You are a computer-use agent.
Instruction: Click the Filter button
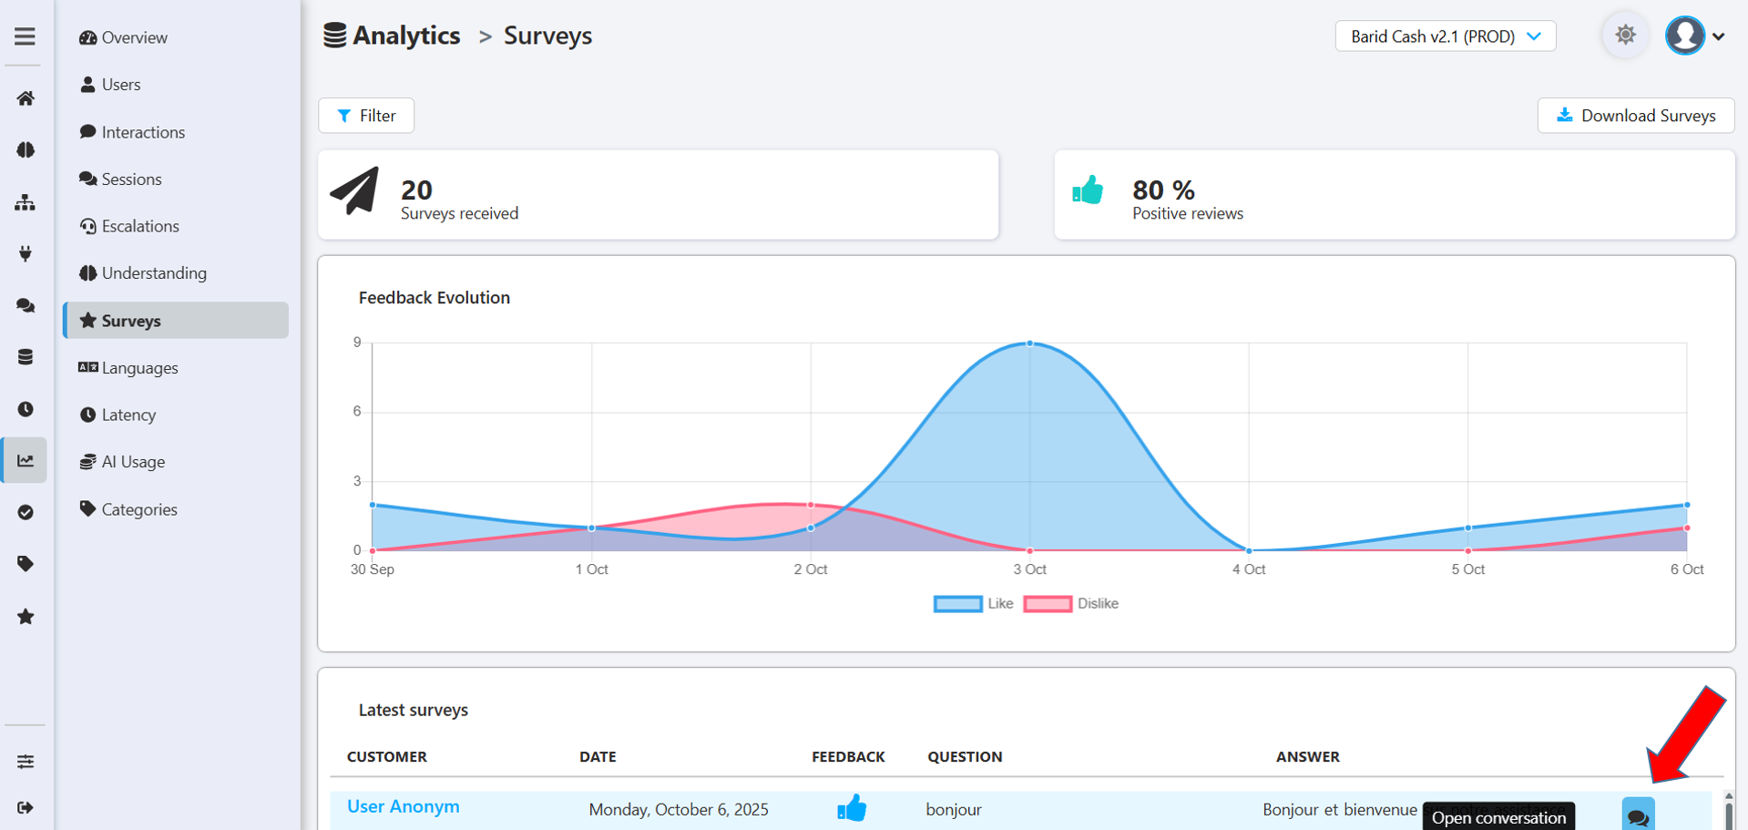click(366, 116)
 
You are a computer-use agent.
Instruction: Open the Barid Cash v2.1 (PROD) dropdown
click(1445, 36)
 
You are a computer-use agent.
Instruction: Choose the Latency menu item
click(128, 415)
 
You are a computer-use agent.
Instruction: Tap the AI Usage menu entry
click(132, 462)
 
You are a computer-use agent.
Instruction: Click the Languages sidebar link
click(138, 368)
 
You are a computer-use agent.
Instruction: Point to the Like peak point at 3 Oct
click(1030, 343)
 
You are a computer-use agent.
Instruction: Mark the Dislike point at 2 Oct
click(811, 505)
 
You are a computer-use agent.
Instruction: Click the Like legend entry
click(974, 603)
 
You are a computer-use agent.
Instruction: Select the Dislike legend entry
click(1071, 603)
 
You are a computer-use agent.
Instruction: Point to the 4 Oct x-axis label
click(1249, 569)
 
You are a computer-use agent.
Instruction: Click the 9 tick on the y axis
click(357, 343)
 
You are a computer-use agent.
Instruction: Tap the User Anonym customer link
click(403, 807)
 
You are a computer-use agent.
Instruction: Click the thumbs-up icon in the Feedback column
click(852, 808)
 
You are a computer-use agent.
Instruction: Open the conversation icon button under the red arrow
click(1638, 815)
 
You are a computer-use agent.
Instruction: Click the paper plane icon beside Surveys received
click(354, 190)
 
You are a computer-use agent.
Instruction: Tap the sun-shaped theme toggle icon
click(1625, 36)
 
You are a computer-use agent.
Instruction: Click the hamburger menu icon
click(25, 36)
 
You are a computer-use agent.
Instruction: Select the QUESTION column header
click(965, 757)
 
